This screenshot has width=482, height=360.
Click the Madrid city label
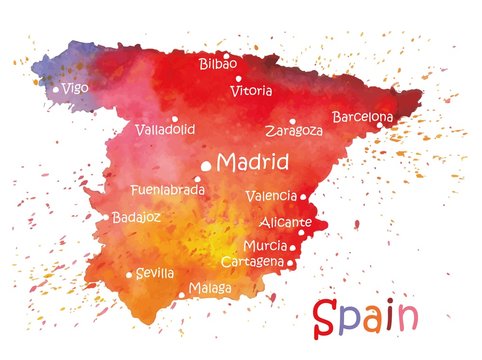tap(253, 162)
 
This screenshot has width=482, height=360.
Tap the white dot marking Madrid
tap(207, 166)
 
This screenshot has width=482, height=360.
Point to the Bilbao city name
tap(218, 64)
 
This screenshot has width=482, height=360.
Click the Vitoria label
tap(250, 91)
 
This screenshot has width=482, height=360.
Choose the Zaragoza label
tap(294, 130)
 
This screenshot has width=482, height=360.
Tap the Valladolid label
tap(165, 129)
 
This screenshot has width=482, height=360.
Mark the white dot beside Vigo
tap(56, 89)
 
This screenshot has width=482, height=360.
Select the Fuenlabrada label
tap(168, 189)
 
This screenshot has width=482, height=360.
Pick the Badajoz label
tap(136, 216)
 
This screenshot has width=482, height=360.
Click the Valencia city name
tap(271, 196)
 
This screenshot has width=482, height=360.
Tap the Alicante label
tap(286, 222)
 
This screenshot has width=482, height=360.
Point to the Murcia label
tap(265, 245)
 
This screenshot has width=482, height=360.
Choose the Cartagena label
tap(252, 261)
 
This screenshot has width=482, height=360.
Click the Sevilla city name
tap(155, 273)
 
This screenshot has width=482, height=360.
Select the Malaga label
tap(210, 289)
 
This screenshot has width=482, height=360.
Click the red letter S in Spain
tap(326, 318)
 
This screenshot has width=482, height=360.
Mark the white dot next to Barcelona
tap(380, 125)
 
